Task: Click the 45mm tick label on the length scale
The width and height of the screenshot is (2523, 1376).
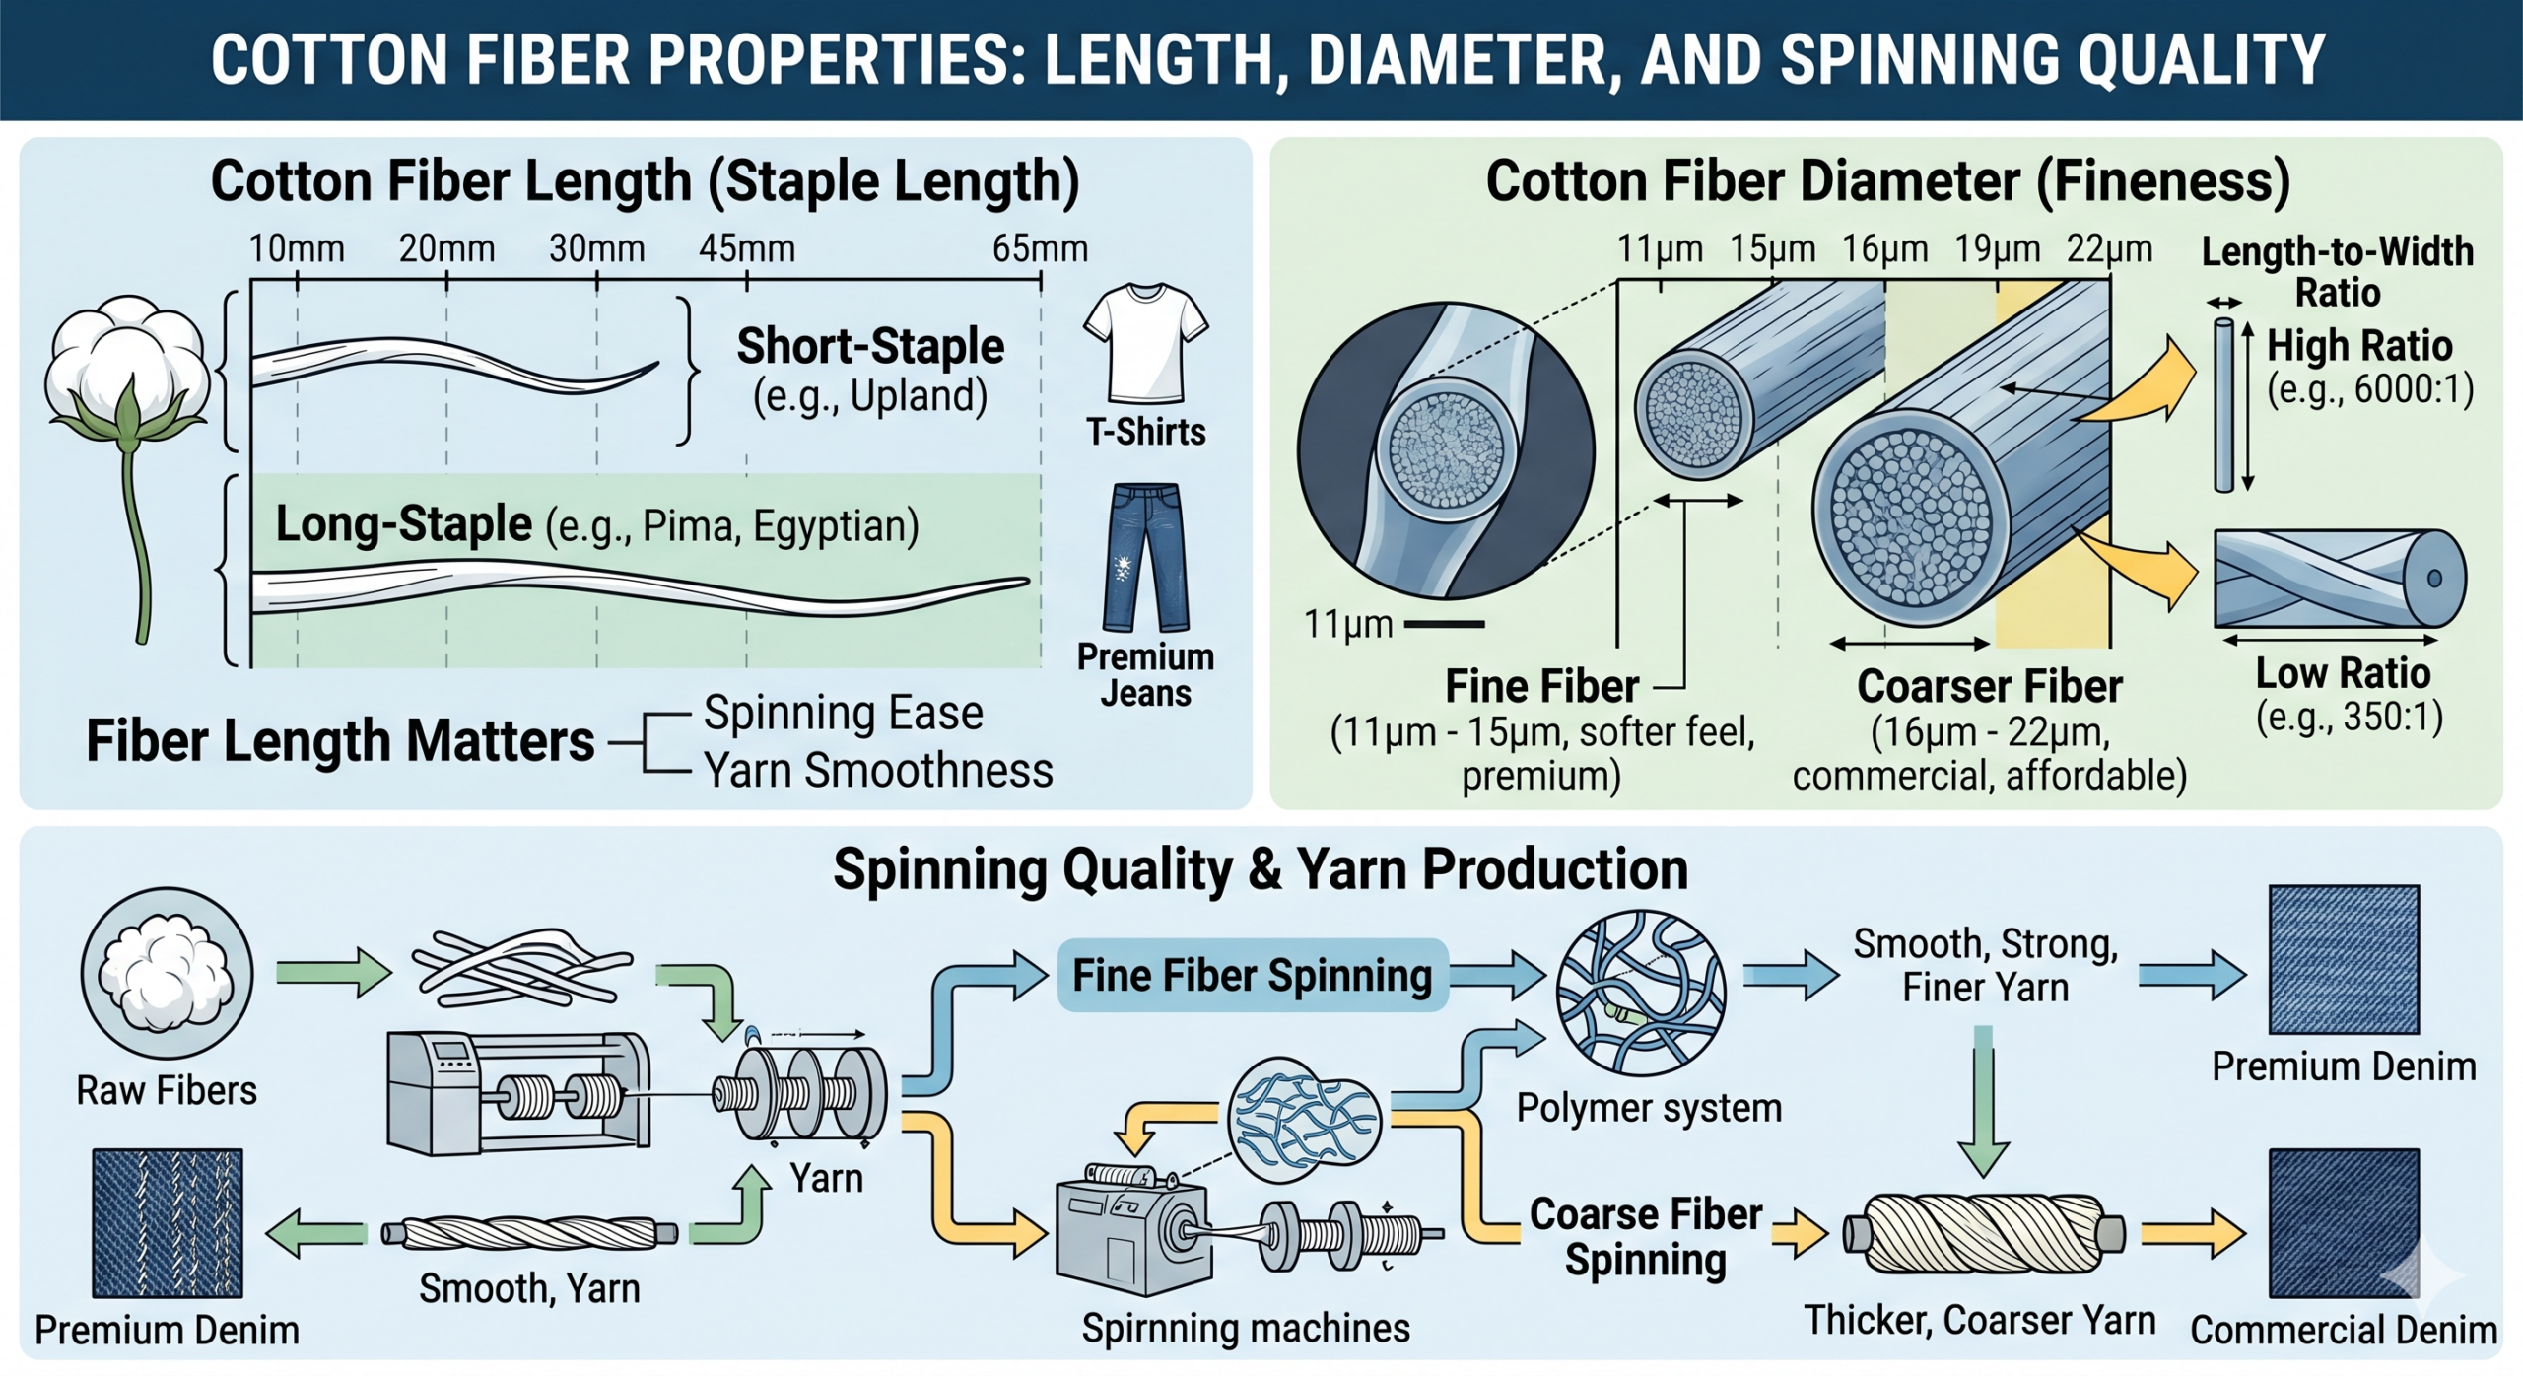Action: pyautogui.click(x=746, y=249)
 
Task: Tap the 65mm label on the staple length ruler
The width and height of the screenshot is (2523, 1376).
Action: pyautogui.click(x=1039, y=249)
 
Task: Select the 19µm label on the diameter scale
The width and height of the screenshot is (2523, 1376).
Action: pyautogui.click(x=1997, y=249)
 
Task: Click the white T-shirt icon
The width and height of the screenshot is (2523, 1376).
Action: pyautogui.click(x=1144, y=343)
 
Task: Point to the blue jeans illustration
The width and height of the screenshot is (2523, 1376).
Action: pyautogui.click(x=1144, y=557)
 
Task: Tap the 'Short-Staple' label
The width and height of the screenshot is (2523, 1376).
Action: pyautogui.click(x=869, y=346)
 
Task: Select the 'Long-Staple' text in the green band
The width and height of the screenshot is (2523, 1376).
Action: pyautogui.click(x=403, y=523)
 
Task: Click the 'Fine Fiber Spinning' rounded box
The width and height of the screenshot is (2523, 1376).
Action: pyautogui.click(x=1251, y=975)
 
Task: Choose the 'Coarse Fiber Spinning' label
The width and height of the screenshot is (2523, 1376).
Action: pyautogui.click(x=1645, y=1236)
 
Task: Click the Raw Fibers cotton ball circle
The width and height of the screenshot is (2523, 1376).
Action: pyautogui.click(x=167, y=973)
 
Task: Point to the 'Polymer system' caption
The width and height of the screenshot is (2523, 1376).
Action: pyautogui.click(x=1648, y=1108)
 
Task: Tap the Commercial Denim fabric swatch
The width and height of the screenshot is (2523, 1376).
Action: pyautogui.click(x=2343, y=1222)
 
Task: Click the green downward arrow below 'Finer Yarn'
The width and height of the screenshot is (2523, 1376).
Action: pyautogui.click(x=1982, y=1104)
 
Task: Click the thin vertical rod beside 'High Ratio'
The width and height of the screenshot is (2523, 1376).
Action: pyautogui.click(x=2223, y=405)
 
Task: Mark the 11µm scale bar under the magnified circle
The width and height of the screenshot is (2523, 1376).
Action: pyautogui.click(x=1444, y=624)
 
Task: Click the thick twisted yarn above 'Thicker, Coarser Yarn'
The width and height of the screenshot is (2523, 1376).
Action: pyautogui.click(x=1983, y=1234)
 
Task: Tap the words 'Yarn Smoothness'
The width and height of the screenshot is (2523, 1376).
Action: pyautogui.click(x=877, y=770)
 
